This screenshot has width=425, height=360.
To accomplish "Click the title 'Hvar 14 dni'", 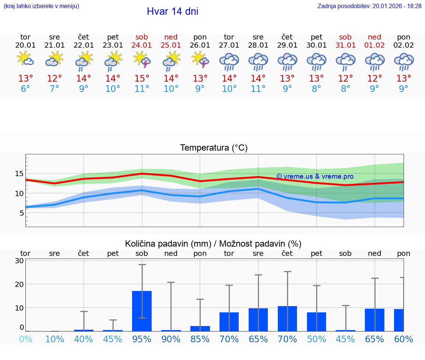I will [x=172, y=11].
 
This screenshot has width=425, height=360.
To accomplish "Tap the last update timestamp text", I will [x=369, y=6].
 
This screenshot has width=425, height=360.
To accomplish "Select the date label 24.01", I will [x=142, y=45].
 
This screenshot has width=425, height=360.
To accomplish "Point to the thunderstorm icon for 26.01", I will [x=200, y=59].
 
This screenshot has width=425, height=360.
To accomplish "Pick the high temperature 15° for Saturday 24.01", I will [x=142, y=78].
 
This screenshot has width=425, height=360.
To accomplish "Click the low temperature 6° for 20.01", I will [x=25, y=89].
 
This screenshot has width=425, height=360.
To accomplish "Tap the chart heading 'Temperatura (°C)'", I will [x=214, y=148].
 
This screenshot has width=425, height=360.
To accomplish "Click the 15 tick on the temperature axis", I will [x=19, y=174].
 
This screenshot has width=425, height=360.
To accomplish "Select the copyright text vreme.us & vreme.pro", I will [x=315, y=176].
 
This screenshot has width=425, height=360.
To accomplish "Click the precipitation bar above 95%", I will [x=142, y=311].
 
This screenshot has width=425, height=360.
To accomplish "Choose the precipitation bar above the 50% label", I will [x=317, y=322].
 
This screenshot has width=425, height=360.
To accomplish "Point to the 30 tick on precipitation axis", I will [x=19, y=261].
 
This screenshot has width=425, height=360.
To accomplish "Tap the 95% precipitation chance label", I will [x=142, y=339].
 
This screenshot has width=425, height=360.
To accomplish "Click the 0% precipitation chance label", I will [x=25, y=339].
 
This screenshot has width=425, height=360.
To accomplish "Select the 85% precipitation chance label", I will [x=200, y=339].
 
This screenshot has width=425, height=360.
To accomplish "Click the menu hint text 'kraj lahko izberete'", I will [x=41, y=6].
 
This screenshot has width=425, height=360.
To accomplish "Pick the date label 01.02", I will [x=374, y=45].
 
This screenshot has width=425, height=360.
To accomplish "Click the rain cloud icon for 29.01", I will [x=287, y=61].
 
